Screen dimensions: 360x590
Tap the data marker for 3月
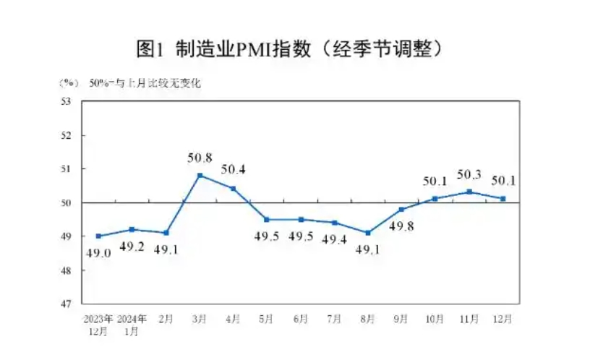click(x=200, y=175)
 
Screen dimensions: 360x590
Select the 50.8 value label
click(x=200, y=157)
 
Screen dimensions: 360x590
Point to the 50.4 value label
click(x=234, y=170)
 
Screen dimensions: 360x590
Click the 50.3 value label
click(x=469, y=174)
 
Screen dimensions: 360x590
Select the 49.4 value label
click(x=335, y=239)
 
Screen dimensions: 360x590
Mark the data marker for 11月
click(x=469, y=192)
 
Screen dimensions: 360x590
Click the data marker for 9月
click(x=402, y=209)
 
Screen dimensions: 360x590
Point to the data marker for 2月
click(x=166, y=233)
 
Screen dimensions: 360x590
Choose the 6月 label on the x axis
click(x=301, y=318)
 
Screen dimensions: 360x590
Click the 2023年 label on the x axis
click(x=98, y=318)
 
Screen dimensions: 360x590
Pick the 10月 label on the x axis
click(x=435, y=318)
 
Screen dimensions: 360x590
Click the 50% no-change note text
click(x=145, y=83)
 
